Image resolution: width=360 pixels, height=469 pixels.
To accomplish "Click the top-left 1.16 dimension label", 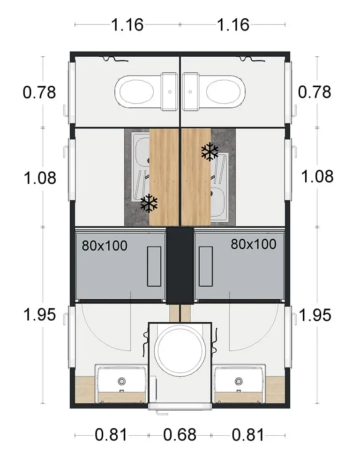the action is point(127,25).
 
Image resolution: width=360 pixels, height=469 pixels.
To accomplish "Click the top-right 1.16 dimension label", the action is point(233,25).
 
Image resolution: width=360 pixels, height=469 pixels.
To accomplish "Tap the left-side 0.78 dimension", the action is point(39,92).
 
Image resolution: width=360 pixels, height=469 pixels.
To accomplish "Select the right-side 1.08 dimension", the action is point(317,176).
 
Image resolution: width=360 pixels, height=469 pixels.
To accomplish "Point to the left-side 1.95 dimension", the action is point(39,315).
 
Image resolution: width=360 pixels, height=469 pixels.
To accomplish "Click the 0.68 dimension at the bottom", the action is point(180,435).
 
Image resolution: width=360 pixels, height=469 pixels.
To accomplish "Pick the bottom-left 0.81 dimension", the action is point(111,435).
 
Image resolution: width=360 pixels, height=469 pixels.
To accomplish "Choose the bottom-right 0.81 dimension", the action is point(248,435).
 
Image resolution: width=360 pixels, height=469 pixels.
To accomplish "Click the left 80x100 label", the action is point(105,246).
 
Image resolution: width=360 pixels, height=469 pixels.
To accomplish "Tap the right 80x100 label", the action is point(254,244).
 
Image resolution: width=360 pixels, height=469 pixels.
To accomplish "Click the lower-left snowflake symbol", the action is point(149,203).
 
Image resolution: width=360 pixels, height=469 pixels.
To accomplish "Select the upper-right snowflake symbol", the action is point(210,152).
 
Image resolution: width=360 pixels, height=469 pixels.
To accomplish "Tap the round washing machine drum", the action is point(180,349).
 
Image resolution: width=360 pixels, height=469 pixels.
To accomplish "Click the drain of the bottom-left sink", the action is point(122,381).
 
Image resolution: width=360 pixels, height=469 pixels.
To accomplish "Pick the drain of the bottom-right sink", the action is point(238,381).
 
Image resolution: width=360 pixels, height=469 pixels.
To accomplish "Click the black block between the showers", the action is point(180,265).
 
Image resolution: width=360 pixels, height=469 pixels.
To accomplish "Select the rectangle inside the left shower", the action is point(154,266).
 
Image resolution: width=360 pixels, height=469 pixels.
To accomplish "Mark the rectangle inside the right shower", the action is point(206,266).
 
